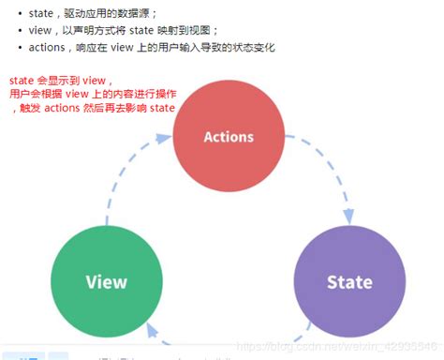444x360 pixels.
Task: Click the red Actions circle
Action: coord(229,137)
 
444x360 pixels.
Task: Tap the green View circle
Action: coord(106,281)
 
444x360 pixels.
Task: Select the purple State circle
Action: coord(348,281)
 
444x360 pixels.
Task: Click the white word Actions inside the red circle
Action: coord(229,137)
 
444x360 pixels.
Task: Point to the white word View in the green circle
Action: coord(106,281)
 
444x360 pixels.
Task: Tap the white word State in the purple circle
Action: coord(348,281)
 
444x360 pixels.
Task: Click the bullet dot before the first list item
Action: coord(20,13)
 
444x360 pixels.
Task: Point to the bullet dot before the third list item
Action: coord(20,49)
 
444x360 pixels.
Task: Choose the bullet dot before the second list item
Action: coord(20,31)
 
